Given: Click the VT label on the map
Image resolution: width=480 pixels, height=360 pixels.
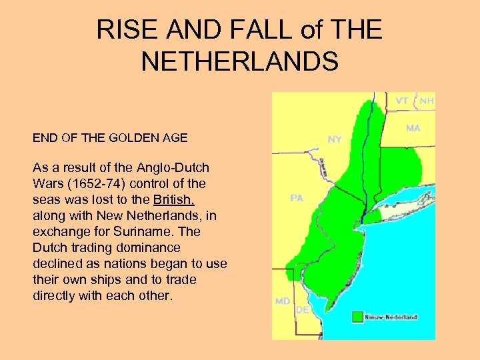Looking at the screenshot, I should point(402,101).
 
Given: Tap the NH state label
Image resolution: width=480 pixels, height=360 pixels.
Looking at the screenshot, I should point(427,101).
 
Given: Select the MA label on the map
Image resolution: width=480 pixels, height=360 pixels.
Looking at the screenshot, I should point(413,128).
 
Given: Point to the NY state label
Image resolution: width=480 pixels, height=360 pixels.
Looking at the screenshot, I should point(335,139).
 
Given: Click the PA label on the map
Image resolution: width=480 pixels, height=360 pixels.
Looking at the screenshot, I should point(297,198).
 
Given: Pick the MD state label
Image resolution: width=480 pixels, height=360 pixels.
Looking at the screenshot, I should point(283,301).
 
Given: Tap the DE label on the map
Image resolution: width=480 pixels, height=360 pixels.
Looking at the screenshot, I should point(302,310).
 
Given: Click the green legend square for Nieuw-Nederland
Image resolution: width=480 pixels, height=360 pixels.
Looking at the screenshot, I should point(358,317).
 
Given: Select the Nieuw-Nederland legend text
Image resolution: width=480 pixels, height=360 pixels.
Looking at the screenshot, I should point(391,317).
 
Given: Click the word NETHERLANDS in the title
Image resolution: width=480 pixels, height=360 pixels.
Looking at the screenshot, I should point(239,62).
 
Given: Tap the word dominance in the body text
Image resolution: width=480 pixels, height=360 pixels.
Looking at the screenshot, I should point(97,247).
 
